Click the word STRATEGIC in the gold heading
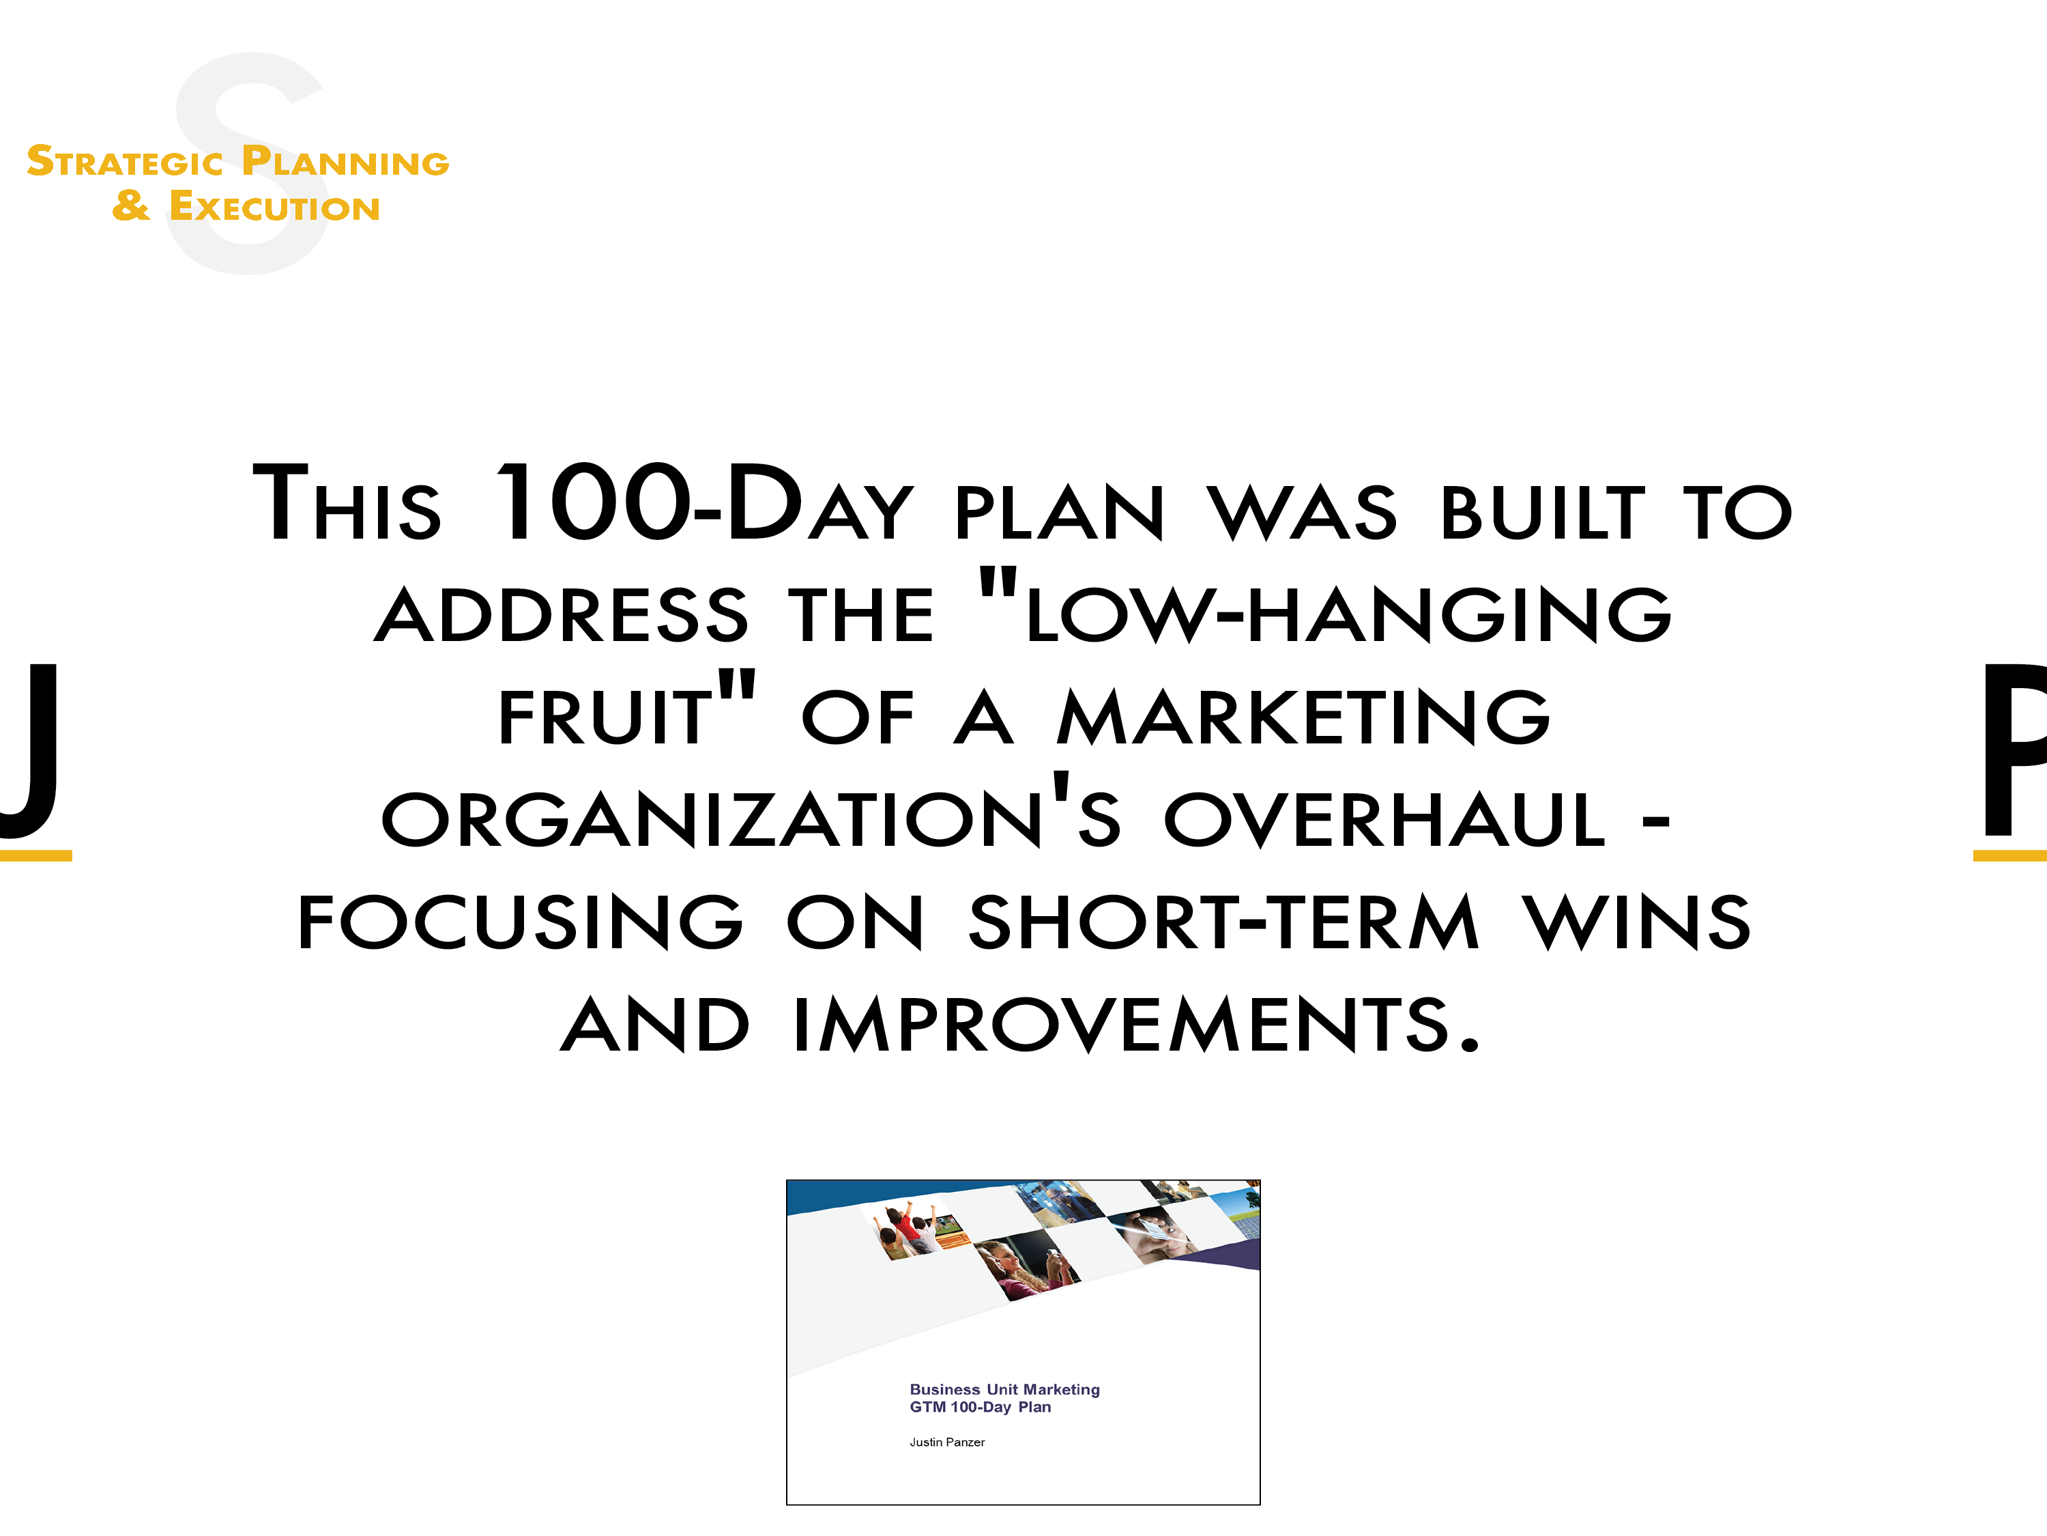[x=125, y=161]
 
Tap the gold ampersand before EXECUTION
[x=130, y=205]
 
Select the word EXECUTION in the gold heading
[x=275, y=206]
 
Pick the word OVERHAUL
[x=1384, y=819]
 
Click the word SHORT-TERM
[x=1223, y=922]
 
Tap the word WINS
[x=1636, y=922]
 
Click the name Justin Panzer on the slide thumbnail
[x=946, y=1442]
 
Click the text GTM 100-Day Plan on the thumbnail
[x=980, y=1406]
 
